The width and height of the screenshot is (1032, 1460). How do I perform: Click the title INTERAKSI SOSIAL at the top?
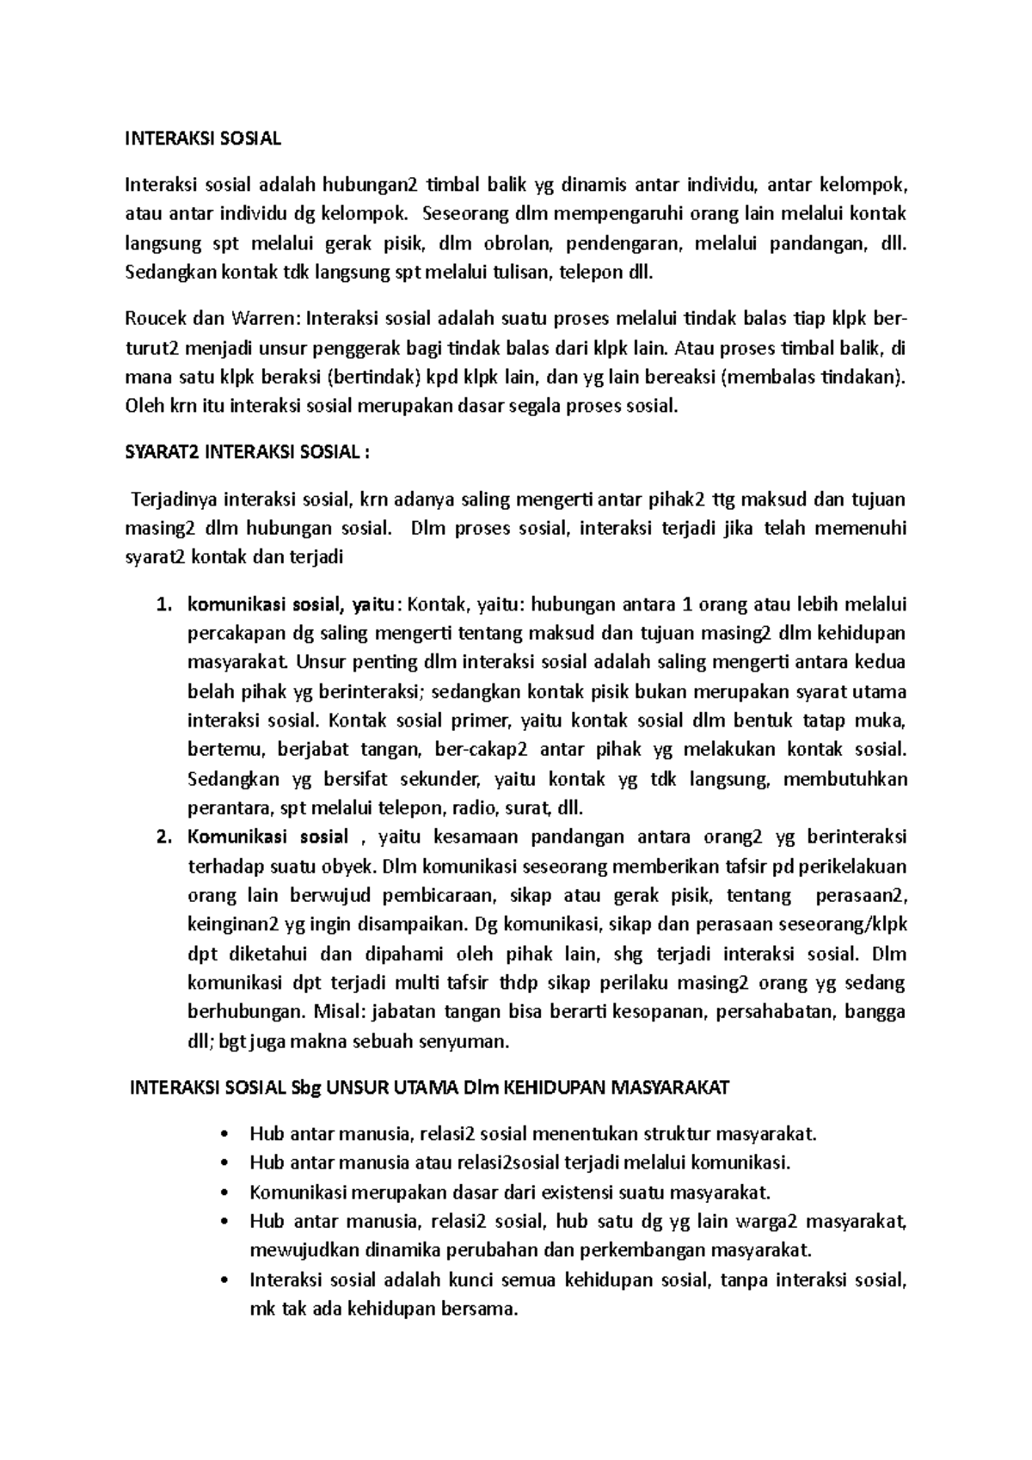203,138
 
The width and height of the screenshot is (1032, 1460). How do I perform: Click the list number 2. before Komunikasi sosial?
164,837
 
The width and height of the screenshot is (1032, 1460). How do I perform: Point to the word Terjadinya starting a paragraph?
172,499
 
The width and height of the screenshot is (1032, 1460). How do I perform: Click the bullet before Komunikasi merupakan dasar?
225,1193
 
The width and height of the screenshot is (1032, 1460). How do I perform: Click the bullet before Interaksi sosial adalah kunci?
225,1280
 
